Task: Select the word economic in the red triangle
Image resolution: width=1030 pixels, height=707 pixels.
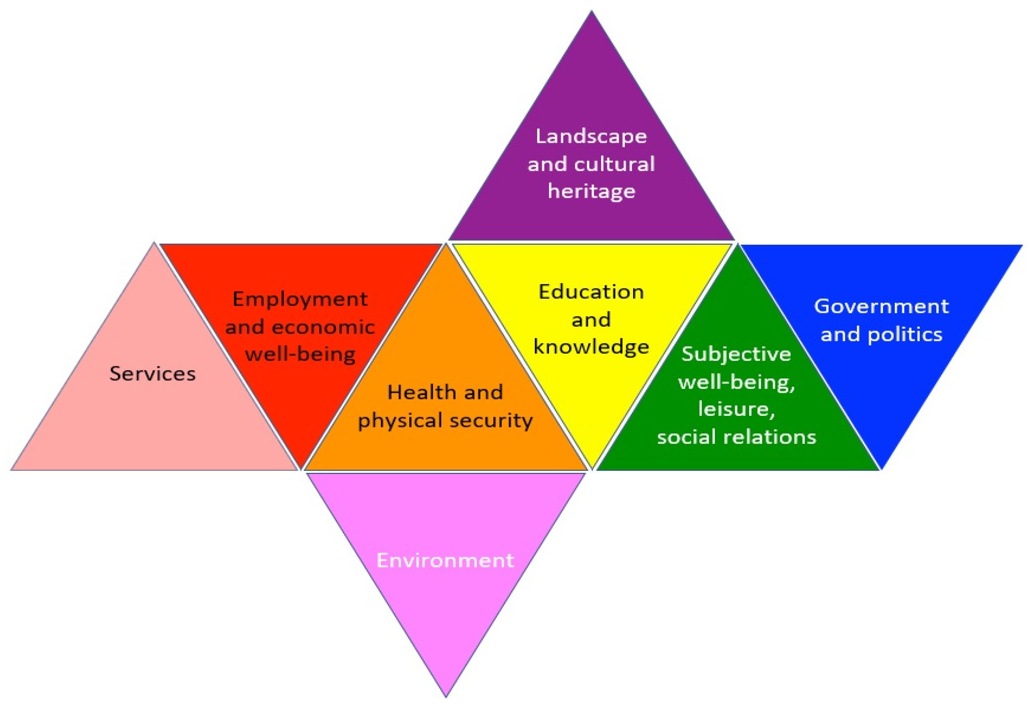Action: [323, 327]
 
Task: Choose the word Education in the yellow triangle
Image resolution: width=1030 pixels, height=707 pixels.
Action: [591, 292]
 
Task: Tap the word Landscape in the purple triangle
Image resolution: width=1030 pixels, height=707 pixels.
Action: [591, 136]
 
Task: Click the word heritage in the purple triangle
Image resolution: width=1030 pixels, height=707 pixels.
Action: [591, 191]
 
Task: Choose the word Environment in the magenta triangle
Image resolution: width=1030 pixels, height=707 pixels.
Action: [445, 561]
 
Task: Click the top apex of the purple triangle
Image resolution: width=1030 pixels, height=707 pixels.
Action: [591, 12]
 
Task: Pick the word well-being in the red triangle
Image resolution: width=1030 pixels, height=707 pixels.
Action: [300, 355]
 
